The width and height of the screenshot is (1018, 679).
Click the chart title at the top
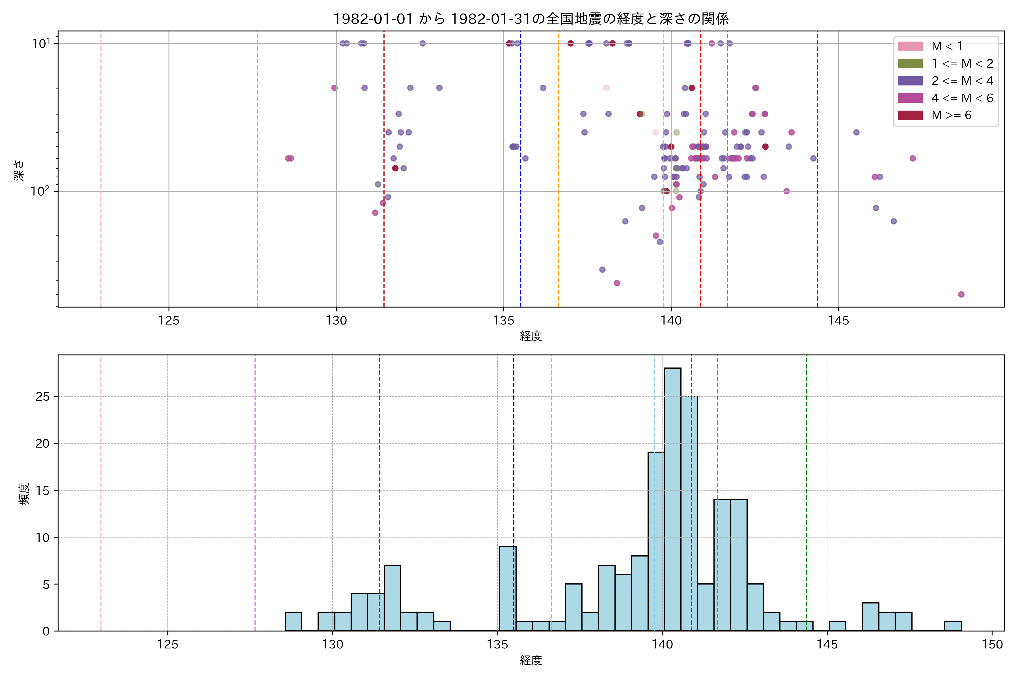click(x=531, y=19)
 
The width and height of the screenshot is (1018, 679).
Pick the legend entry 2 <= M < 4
click(x=962, y=81)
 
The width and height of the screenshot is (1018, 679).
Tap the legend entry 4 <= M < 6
click(x=962, y=98)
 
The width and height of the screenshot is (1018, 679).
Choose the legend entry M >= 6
click(x=951, y=115)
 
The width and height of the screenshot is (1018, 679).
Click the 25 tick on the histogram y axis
click(x=42, y=397)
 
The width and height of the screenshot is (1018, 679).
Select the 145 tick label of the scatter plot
click(x=838, y=321)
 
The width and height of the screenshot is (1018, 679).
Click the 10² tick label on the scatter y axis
click(x=40, y=191)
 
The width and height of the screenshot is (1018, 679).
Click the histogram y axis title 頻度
click(x=24, y=494)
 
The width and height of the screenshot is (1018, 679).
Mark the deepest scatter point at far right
click(x=961, y=295)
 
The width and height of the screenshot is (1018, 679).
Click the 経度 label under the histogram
click(x=531, y=660)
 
